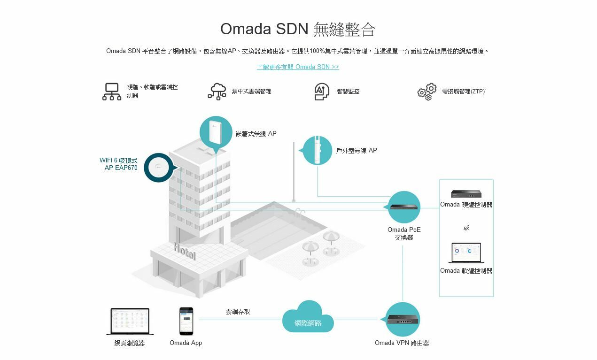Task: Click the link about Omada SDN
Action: tap(298, 67)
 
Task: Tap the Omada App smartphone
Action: tap(186, 321)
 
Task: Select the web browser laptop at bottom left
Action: tap(130, 321)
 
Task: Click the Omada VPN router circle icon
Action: tap(403, 319)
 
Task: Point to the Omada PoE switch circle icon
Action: tap(404, 207)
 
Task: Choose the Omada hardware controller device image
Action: tap(466, 194)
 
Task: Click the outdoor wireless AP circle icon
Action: tap(318, 150)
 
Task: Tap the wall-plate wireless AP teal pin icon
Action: tap(216, 133)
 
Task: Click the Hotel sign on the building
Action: tap(184, 251)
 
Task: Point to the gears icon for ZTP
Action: tap(427, 92)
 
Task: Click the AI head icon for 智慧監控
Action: tap(321, 92)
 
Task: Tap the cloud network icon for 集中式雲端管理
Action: tap(217, 92)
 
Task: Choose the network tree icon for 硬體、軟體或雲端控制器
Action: tap(112, 92)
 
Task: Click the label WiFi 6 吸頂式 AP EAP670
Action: tap(119, 164)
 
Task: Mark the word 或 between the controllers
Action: tap(466, 228)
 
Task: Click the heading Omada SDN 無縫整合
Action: tap(298, 29)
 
